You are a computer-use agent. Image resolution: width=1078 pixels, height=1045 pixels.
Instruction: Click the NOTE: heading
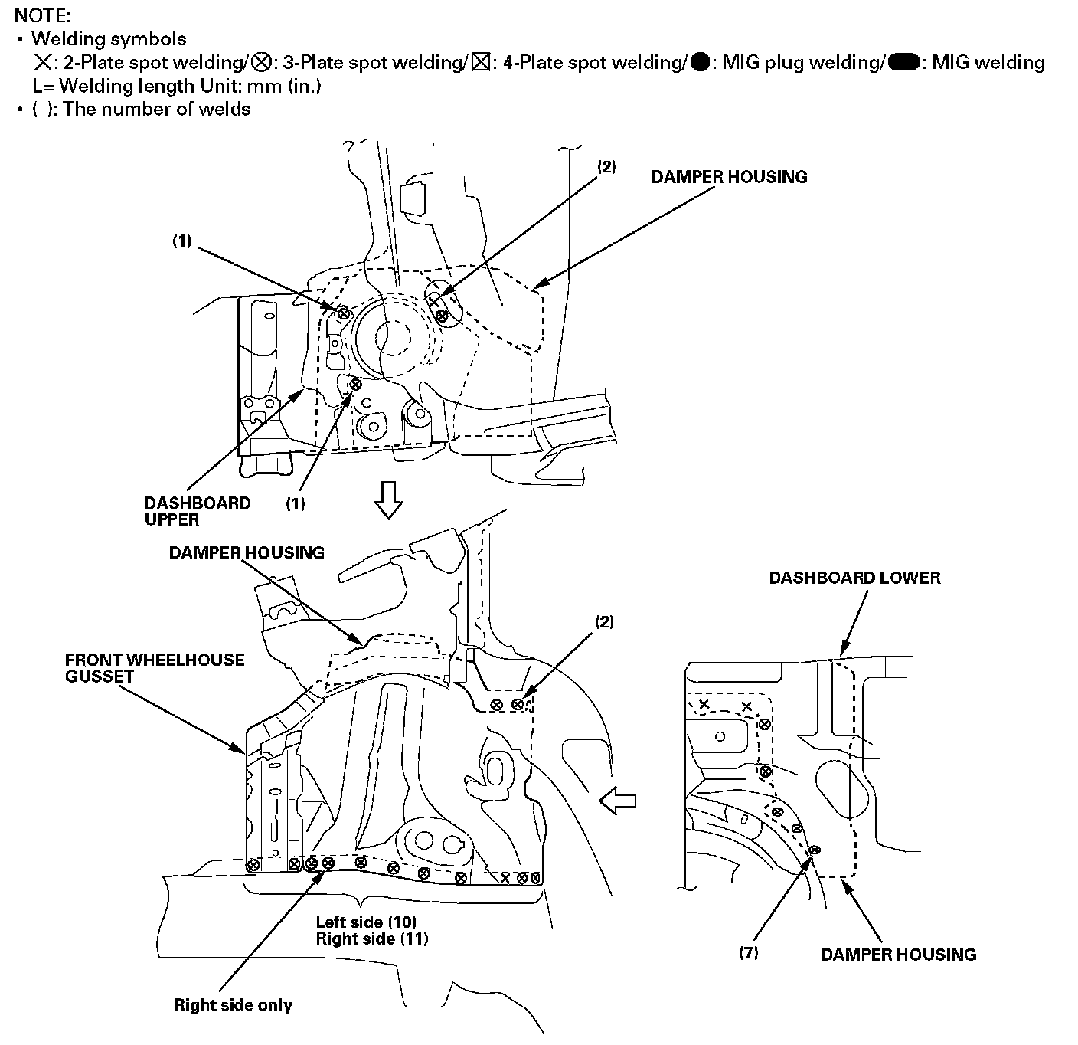42,15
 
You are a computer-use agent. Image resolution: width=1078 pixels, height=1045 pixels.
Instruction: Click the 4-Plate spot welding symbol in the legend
481,62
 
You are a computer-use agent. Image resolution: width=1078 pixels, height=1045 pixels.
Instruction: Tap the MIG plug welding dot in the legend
699,62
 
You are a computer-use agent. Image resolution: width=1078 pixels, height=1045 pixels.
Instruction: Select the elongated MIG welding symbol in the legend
905,62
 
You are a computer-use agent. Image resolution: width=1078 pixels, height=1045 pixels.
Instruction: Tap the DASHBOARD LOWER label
854,578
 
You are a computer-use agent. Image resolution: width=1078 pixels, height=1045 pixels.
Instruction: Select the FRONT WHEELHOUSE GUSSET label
155,668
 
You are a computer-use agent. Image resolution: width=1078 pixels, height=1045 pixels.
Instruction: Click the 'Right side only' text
233,1004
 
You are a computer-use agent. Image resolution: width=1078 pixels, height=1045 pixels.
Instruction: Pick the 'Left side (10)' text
366,922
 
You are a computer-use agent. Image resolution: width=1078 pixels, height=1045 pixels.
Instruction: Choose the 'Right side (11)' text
371,938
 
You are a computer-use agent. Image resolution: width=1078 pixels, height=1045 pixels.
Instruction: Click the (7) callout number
748,953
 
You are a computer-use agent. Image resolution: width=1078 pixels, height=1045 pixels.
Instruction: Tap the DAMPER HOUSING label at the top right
729,177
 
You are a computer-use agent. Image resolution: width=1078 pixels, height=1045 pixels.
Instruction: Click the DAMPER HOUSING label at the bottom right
898,955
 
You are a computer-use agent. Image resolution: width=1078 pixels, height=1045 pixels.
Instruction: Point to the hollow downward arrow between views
388,501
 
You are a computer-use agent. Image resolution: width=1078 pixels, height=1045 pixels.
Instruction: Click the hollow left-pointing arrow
618,801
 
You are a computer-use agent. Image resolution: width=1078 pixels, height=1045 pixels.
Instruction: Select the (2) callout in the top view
606,166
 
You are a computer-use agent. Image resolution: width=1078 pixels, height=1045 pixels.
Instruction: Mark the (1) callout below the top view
296,503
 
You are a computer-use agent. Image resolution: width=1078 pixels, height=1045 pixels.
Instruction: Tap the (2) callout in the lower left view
604,622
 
